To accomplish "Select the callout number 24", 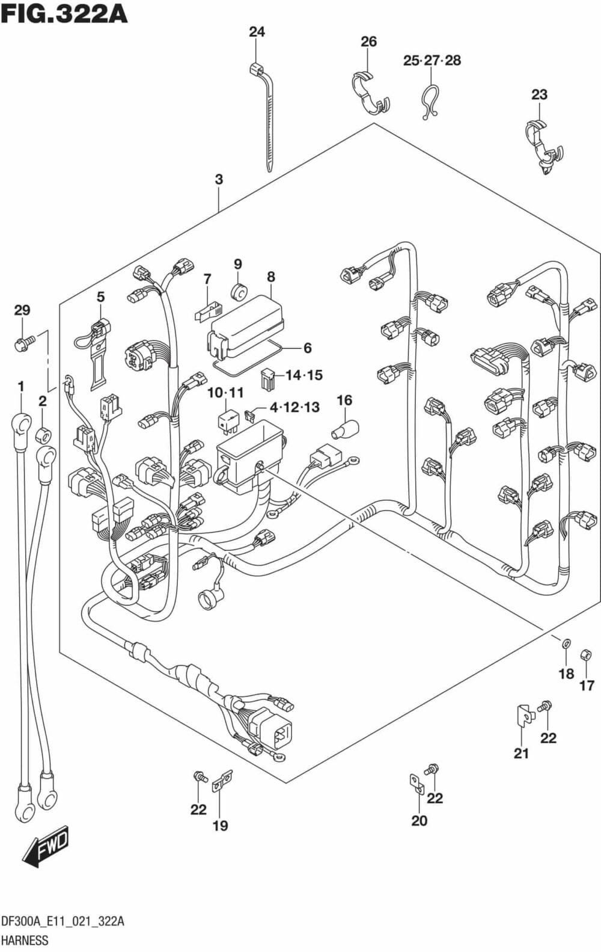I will click(257, 32).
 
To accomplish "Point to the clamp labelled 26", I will click(369, 92).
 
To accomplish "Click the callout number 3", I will click(219, 179).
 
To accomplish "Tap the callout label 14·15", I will click(304, 375).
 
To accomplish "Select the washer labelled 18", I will click(566, 644).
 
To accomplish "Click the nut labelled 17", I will click(584, 655).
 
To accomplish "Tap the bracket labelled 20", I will click(416, 782).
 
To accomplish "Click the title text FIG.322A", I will click(64, 13).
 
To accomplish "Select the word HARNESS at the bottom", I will click(25, 939).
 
